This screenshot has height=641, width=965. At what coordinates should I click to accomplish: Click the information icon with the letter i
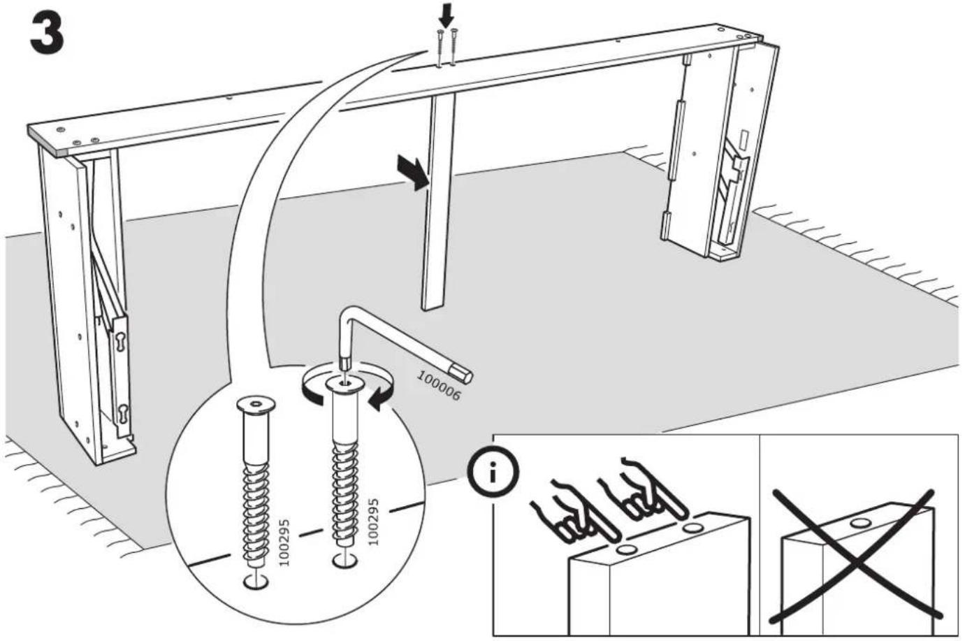coord(493,474)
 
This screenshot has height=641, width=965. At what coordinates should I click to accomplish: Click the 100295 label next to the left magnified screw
coord(284,542)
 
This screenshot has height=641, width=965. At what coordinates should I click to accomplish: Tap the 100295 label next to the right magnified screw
coord(374,522)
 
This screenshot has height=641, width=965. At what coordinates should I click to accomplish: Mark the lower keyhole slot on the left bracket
coord(124,415)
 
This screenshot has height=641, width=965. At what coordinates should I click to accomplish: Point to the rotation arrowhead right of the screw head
coord(379,398)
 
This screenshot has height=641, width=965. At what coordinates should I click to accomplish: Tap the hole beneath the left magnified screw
coord(256,582)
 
